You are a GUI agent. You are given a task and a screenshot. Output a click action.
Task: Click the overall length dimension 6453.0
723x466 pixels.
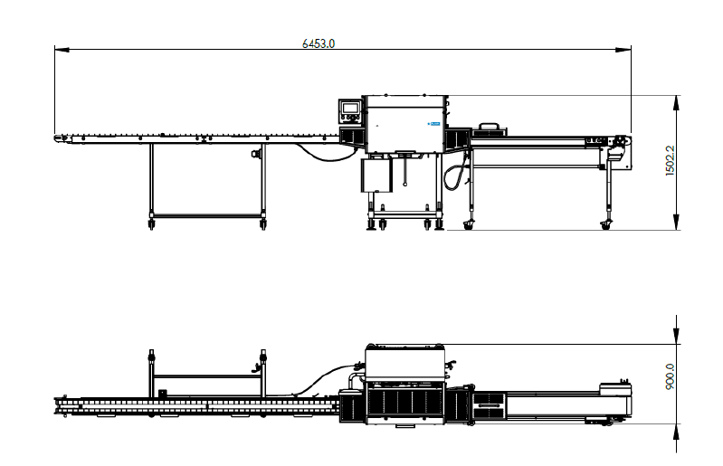pyautogui.click(x=319, y=43)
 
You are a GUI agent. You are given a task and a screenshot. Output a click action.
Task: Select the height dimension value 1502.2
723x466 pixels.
pyautogui.click(x=671, y=162)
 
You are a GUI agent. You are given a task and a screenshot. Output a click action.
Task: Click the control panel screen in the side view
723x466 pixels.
pyautogui.click(x=349, y=109)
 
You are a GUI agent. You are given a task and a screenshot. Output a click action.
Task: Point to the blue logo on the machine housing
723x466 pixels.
pyautogui.click(x=433, y=119)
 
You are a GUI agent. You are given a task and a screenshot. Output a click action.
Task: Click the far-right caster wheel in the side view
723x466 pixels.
pyautogui.click(x=605, y=223)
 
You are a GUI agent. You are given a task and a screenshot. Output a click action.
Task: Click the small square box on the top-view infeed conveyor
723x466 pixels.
pyautogui.click(x=163, y=393)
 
